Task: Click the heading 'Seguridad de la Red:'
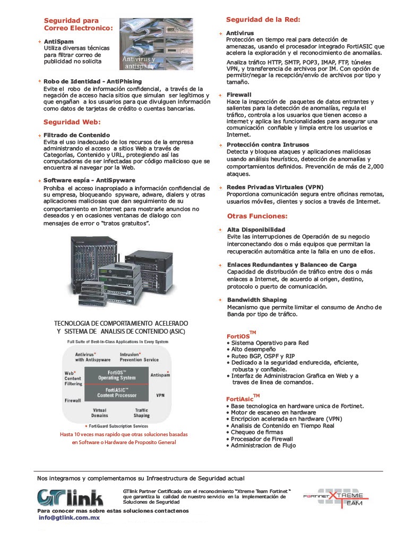tap(263, 20)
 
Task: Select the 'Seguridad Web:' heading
tap(70, 122)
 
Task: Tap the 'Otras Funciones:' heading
tap(257, 216)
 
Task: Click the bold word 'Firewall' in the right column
tap(239, 95)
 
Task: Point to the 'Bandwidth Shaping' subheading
tap(256, 300)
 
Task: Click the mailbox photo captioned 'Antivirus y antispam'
tap(156, 45)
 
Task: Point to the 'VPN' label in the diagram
tap(160, 395)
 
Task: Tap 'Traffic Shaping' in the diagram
tap(141, 413)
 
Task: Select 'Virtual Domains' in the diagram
tap(100, 413)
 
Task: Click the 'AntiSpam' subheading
tap(59, 41)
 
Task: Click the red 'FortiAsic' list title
tap(240, 398)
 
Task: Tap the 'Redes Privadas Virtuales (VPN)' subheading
tap(275, 187)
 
